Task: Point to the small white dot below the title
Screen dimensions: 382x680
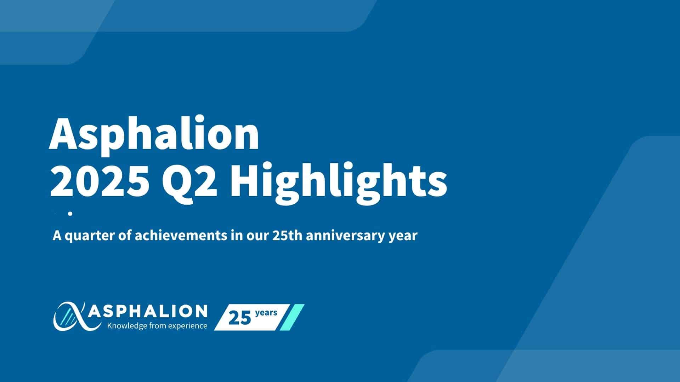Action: (x=70, y=214)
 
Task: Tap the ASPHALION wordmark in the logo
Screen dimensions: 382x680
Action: (x=148, y=312)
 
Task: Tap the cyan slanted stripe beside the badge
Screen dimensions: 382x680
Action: (x=292, y=317)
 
